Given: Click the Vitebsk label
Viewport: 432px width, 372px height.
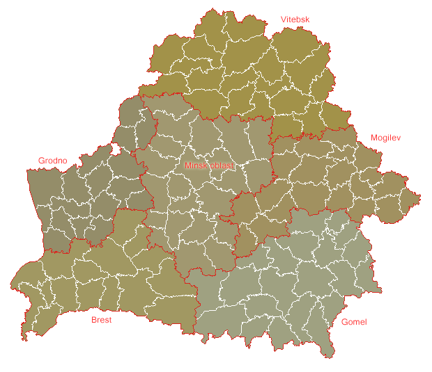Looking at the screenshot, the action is [295, 19].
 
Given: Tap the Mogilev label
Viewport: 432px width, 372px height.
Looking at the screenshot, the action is [386, 138].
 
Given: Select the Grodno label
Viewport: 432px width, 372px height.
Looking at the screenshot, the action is [52, 161].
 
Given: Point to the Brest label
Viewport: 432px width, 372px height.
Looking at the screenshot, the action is [101, 321].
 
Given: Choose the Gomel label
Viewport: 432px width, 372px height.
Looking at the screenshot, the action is [354, 322].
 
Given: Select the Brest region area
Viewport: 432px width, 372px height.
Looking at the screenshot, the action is [105, 278].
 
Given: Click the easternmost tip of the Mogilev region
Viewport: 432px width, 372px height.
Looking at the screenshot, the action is [421, 199].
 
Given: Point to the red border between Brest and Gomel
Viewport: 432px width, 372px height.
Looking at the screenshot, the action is [192, 306].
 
